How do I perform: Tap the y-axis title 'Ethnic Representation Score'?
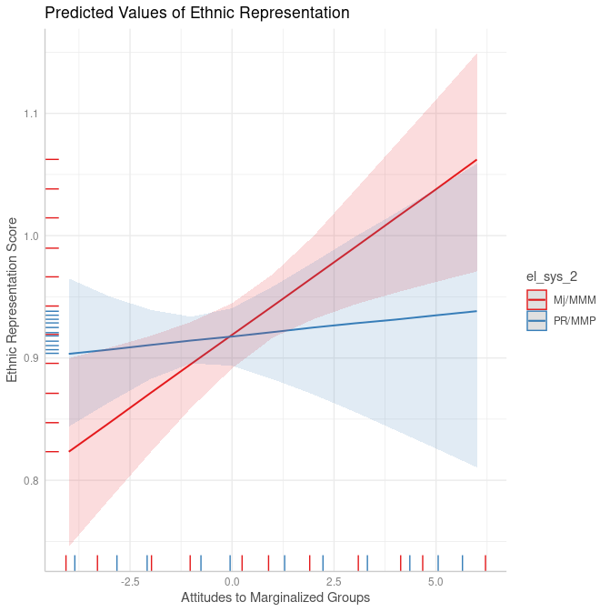13,299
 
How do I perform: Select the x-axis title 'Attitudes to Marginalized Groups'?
275,597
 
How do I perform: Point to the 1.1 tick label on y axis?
30,114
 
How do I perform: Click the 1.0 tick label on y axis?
30,236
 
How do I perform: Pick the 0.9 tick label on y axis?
30,358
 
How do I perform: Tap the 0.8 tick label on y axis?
30,480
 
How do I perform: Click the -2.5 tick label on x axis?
129,581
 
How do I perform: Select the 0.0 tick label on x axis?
232,581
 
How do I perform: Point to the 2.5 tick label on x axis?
334,581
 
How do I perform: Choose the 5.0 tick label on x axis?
435,581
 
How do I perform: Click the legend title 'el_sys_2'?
552,276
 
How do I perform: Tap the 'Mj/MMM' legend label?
575,300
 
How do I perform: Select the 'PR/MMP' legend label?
575,321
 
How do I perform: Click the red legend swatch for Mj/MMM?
537,300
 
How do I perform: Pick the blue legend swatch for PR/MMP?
537,321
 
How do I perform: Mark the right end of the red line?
476,160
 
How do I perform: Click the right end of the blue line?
476,311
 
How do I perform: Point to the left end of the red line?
69,451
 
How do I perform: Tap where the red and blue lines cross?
230,336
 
